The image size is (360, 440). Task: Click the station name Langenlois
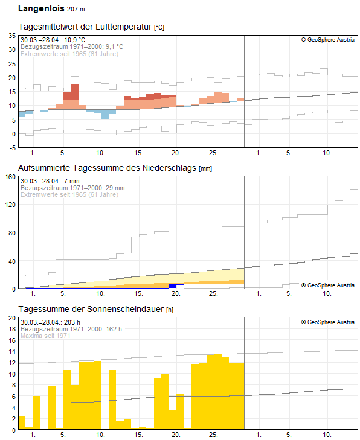pyautogui.click(x=40, y=9)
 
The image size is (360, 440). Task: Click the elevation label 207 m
pyautogui.click(x=76, y=10)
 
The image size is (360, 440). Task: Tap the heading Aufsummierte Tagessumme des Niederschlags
pyautogui.click(x=108, y=168)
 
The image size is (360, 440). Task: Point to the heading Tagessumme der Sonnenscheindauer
pyautogui.click(x=91, y=309)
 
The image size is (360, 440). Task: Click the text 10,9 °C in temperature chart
pyautogui.click(x=77, y=40)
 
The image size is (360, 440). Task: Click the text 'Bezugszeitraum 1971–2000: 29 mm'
pyautogui.click(x=72, y=188)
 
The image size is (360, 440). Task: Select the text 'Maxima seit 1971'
pyautogui.click(x=45, y=336)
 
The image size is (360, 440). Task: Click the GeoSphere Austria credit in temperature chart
pyautogui.click(x=328, y=40)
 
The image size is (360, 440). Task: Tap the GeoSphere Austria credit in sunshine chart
pyautogui.click(x=328, y=322)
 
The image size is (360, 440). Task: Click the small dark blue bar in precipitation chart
pyautogui.click(x=172, y=285)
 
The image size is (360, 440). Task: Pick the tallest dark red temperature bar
pyautogui.click(x=74, y=92)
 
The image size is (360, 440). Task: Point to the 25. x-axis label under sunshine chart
pyautogui.click(x=213, y=435)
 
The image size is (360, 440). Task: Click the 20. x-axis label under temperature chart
pyautogui.click(x=176, y=153)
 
